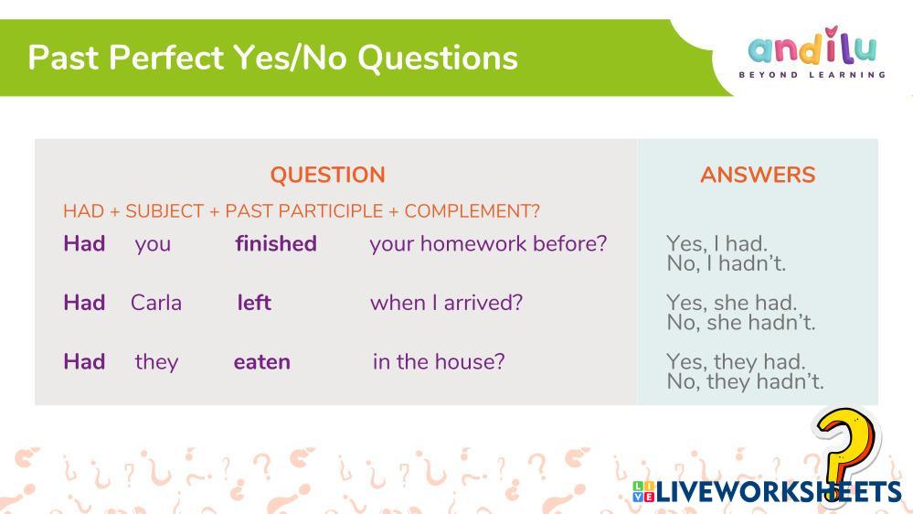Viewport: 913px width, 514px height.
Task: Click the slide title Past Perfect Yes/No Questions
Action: pos(272,58)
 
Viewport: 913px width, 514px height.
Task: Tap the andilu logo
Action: pos(812,52)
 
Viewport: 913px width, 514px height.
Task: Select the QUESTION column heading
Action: pos(327,175)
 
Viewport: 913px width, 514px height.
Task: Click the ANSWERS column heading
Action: pos(758,175)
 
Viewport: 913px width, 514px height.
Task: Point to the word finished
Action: pos(276,243)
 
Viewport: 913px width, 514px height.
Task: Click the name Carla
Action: pos(156,303)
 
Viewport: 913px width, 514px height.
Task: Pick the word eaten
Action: pos(262,362)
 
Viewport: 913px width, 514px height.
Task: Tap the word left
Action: pos(254,303)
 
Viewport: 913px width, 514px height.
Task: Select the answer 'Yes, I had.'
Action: pos(717,243)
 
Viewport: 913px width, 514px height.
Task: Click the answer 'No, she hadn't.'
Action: pos(740,322)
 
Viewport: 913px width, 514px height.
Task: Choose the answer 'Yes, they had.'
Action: pos(736,361)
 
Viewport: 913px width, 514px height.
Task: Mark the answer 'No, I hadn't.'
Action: pos(726,263)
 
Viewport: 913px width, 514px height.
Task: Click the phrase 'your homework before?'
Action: pos(488,243)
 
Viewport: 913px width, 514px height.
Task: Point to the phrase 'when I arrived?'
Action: pos(447,303)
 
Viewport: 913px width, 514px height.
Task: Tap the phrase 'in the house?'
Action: pos(439,362)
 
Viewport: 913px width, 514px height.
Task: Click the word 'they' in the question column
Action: pos(156,362)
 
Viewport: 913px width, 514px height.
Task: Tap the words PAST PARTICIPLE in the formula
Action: pos(304,211)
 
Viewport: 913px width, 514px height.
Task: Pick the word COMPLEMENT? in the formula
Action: pos(472,211)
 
